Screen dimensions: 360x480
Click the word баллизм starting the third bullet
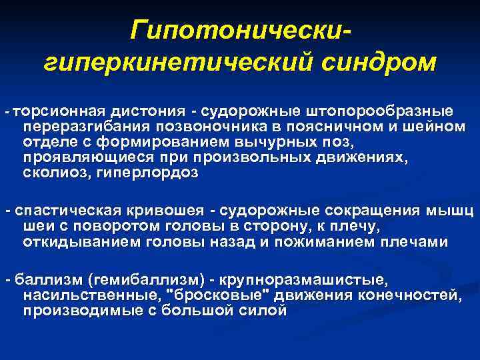click(x=39, y=278)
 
